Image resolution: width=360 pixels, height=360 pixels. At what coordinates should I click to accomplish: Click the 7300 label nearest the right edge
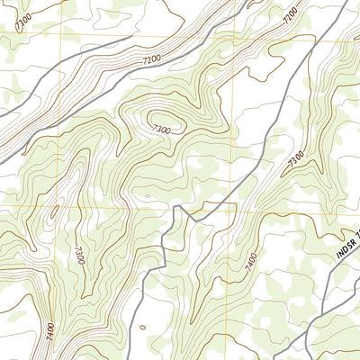click(x=296, y=163)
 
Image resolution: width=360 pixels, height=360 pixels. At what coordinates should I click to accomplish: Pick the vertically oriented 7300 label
click(x=80, y=255)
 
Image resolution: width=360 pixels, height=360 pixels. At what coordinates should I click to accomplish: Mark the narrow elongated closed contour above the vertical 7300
click(x=54, y=213)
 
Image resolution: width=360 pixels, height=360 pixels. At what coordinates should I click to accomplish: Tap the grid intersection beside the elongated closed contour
click(x=62, y=205)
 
